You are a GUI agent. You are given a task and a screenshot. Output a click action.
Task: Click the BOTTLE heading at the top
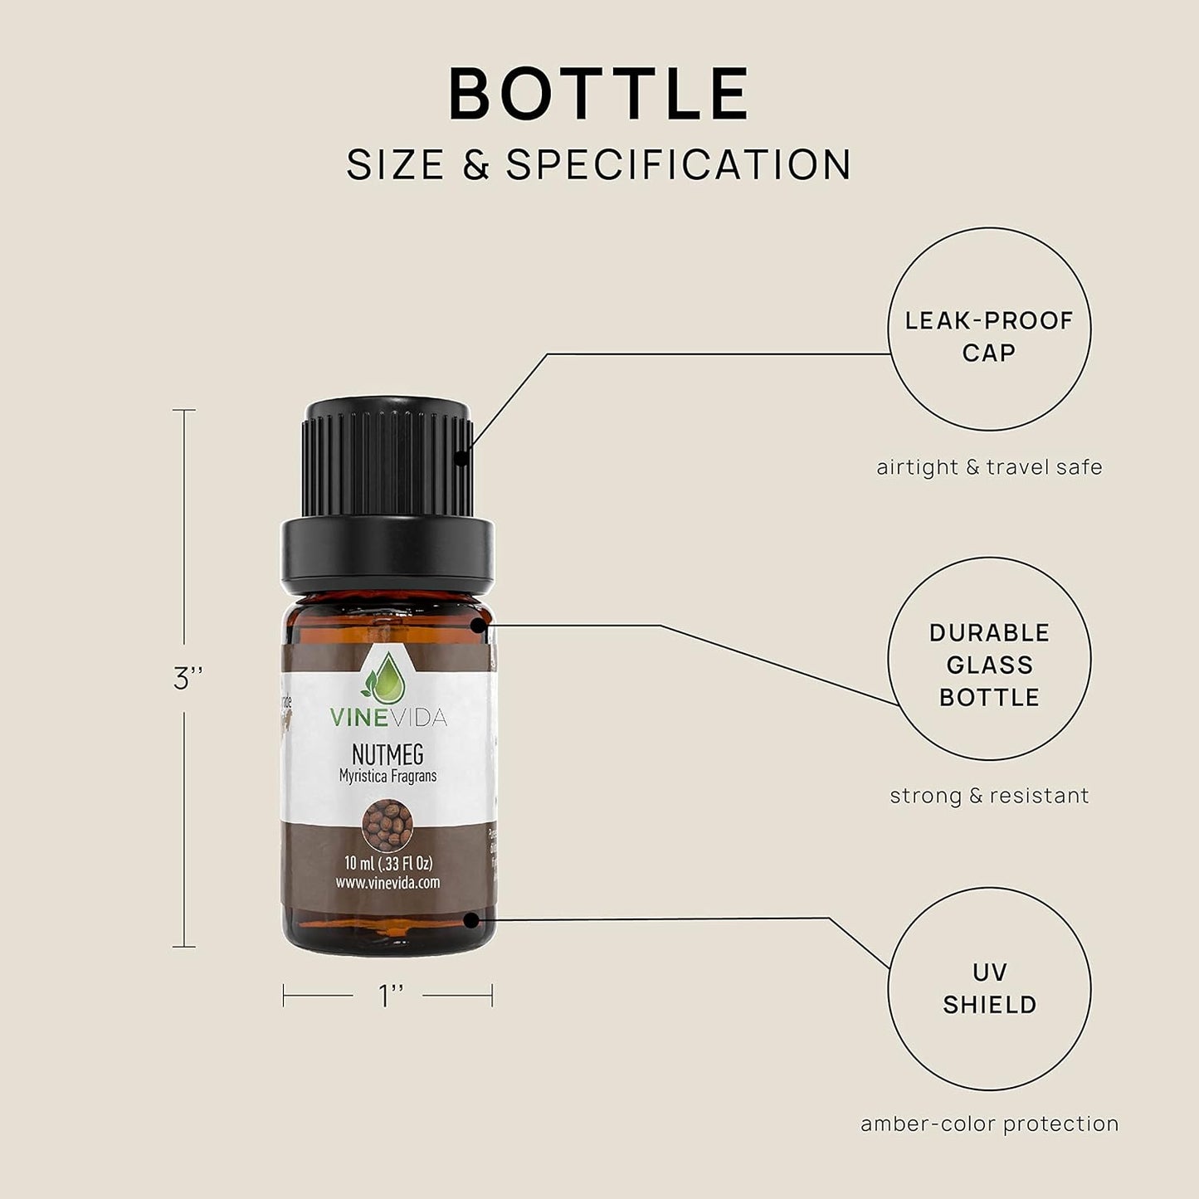tap(599, 94)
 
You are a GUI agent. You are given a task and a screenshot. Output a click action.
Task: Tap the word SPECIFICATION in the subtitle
tap(679, 165)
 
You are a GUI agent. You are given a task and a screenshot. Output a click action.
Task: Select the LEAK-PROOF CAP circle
tap(989, 329)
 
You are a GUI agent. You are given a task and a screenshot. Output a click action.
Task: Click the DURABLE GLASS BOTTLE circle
tap(989, 659)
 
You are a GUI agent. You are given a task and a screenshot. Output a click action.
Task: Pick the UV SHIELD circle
tap(989, 988)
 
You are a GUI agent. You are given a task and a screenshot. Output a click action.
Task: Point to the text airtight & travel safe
tap(989, 467)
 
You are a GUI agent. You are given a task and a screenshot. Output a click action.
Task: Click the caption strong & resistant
tap(989, 796)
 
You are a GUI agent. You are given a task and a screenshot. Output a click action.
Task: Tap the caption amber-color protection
tap(989, 1124)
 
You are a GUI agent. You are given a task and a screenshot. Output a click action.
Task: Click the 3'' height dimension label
tap(188, 679)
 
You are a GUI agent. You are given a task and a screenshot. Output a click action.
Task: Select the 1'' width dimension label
tap(391, 996)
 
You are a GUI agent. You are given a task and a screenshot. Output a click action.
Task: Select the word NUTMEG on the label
tap(387, 754)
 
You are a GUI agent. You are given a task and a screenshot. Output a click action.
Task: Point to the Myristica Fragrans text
tap(387, 777)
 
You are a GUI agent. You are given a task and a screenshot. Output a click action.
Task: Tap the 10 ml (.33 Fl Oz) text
tap(387, 864)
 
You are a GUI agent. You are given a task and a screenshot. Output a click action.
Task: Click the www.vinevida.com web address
tap(387, 883)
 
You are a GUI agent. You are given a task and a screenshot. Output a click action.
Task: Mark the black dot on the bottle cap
tap(461, 456)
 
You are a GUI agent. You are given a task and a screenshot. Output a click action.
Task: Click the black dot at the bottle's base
tap(471, 919)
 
